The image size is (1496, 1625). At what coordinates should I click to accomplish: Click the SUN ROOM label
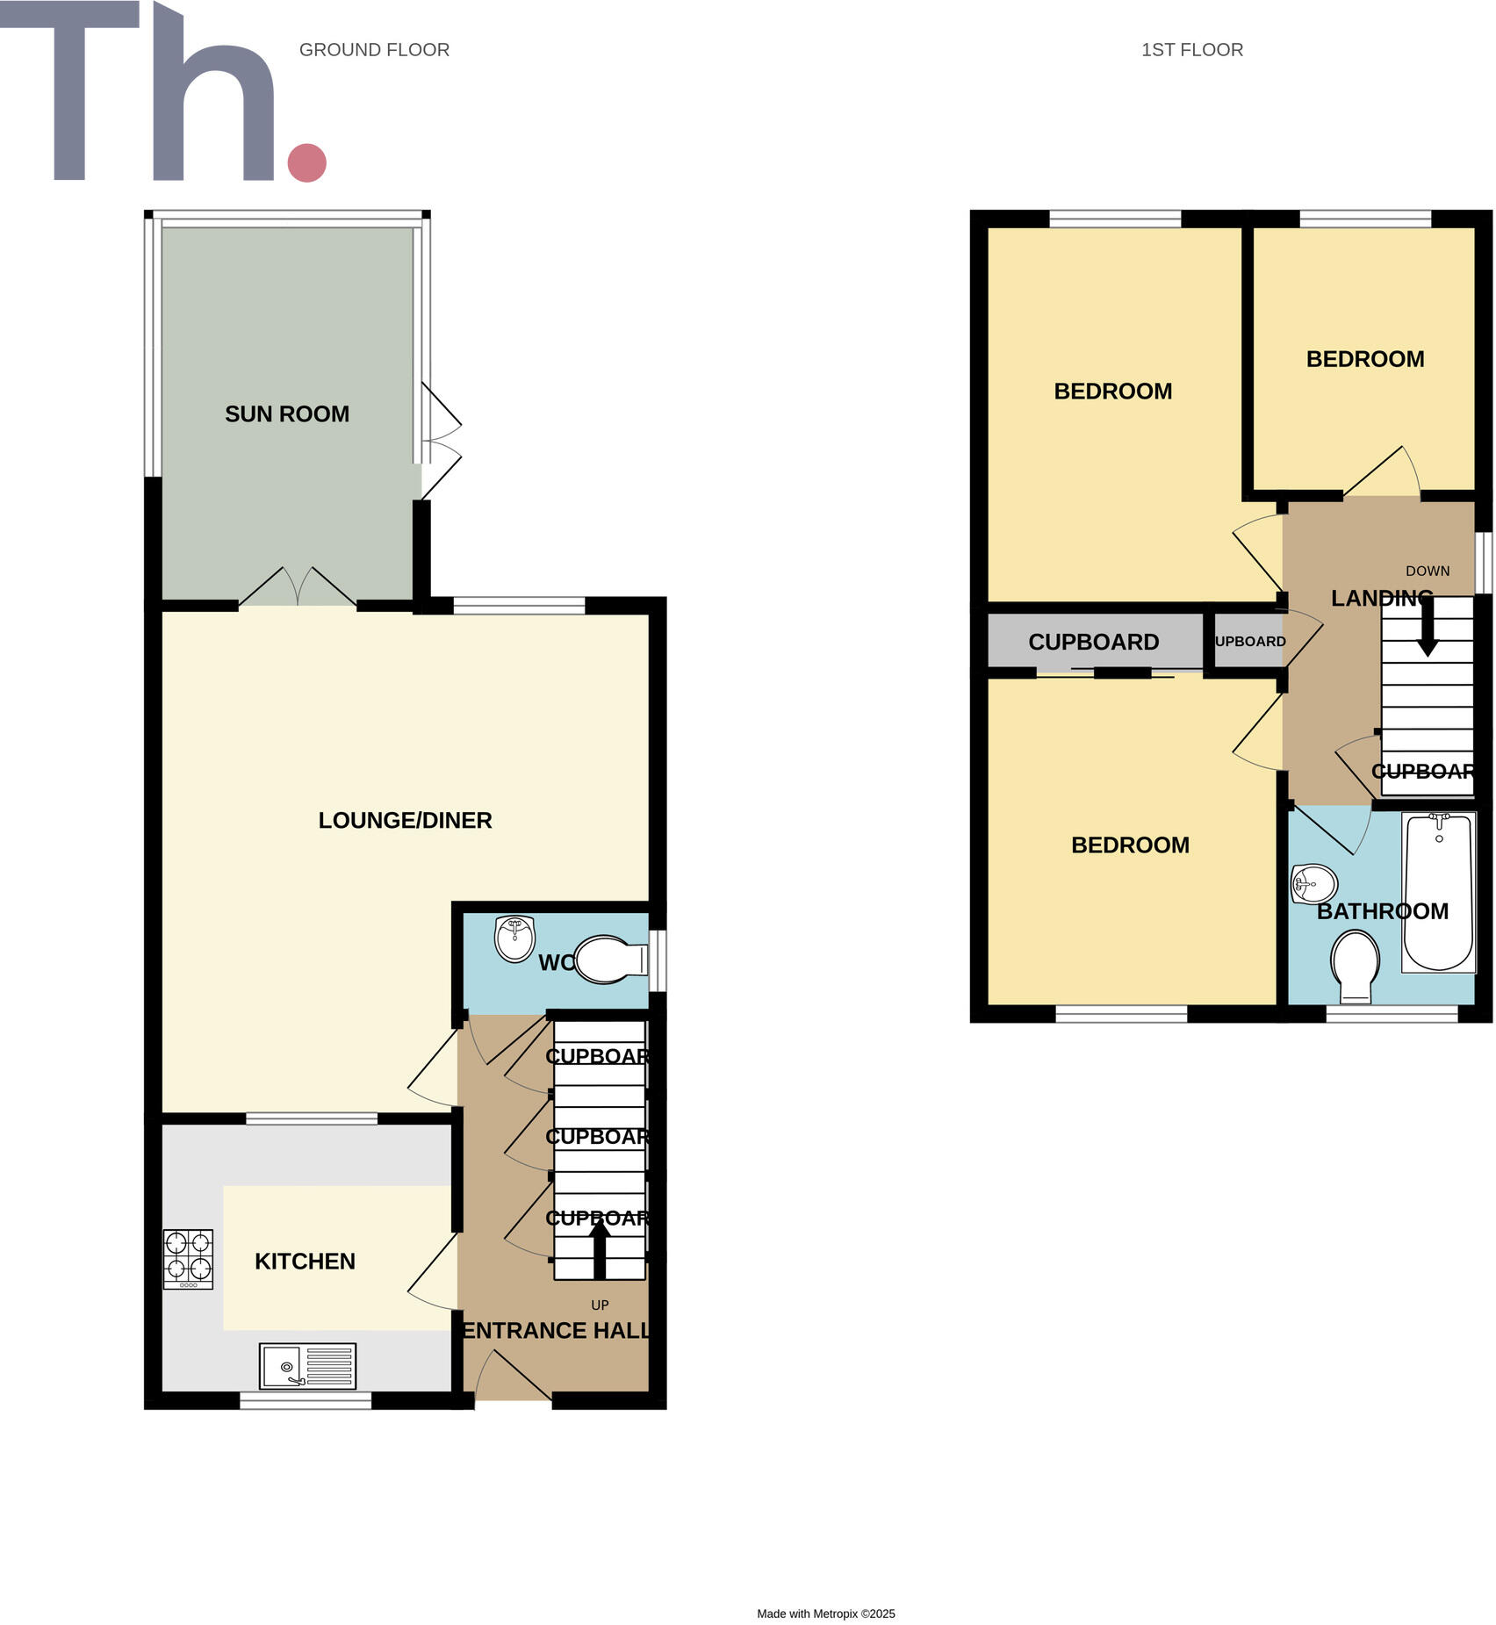287,414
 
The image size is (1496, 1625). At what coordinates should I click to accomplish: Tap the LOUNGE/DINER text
405,821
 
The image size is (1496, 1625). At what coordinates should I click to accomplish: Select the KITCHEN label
305,1262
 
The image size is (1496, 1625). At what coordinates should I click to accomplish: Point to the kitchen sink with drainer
307,1366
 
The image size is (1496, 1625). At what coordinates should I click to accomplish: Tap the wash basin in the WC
514,938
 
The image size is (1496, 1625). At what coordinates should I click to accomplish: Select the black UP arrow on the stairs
600,1249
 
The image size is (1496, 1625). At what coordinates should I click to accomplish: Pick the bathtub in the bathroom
1438,892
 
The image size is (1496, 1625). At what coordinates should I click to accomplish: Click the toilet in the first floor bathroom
1356,966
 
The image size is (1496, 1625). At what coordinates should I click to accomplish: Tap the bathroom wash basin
1314,883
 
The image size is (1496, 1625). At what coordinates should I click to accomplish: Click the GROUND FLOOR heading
374,50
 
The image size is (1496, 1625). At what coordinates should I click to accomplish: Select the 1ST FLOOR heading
1191,50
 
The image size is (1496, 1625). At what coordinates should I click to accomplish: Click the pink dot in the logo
307,162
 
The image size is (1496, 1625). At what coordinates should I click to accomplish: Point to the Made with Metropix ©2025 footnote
825,1614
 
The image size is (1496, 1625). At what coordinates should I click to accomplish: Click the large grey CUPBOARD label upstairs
1093,643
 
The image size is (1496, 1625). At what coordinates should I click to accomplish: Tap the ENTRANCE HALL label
557,1331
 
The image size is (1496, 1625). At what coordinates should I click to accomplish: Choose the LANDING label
1381,599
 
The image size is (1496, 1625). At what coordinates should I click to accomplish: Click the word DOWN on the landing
1427,571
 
